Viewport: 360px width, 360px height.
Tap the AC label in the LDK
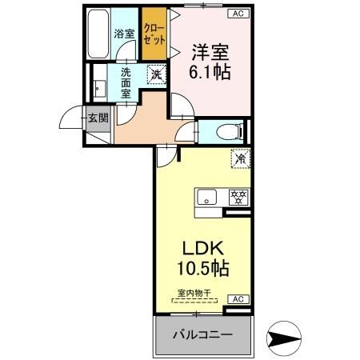238,298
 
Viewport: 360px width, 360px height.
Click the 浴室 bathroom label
123,34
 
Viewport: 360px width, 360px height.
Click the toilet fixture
229,130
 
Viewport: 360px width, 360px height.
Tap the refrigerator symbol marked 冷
239,158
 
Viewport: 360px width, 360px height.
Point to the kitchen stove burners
238,196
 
